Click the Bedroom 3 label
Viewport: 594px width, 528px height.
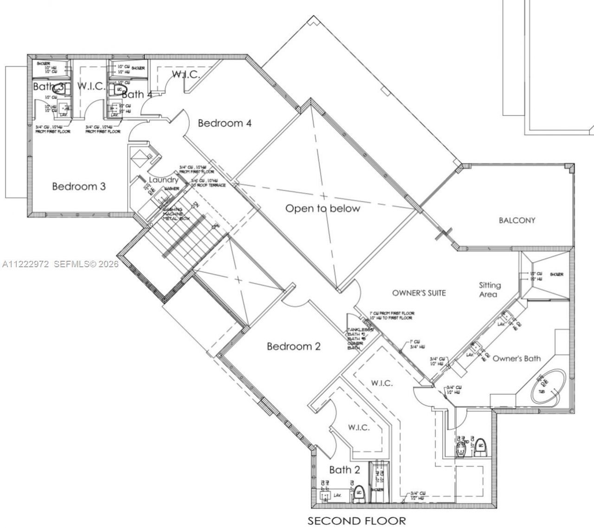point(78,187)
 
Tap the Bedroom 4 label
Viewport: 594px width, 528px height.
point(225,123)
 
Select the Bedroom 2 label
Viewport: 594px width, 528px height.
point(293,347)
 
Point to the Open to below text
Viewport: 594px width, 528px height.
point(323,209)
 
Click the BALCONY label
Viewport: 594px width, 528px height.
point(517,220)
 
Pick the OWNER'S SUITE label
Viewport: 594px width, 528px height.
point(419,293)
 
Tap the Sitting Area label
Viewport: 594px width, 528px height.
point(490,290)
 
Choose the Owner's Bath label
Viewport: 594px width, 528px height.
point(517,359)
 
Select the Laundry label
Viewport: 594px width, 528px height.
point(163,180)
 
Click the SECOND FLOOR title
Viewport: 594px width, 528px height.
point(356,521)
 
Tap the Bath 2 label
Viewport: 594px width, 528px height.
point(344,470)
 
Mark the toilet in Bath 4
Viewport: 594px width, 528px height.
point(119,89)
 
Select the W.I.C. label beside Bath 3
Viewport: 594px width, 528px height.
point(91,86)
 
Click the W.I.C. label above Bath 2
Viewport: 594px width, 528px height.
point(359,427)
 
